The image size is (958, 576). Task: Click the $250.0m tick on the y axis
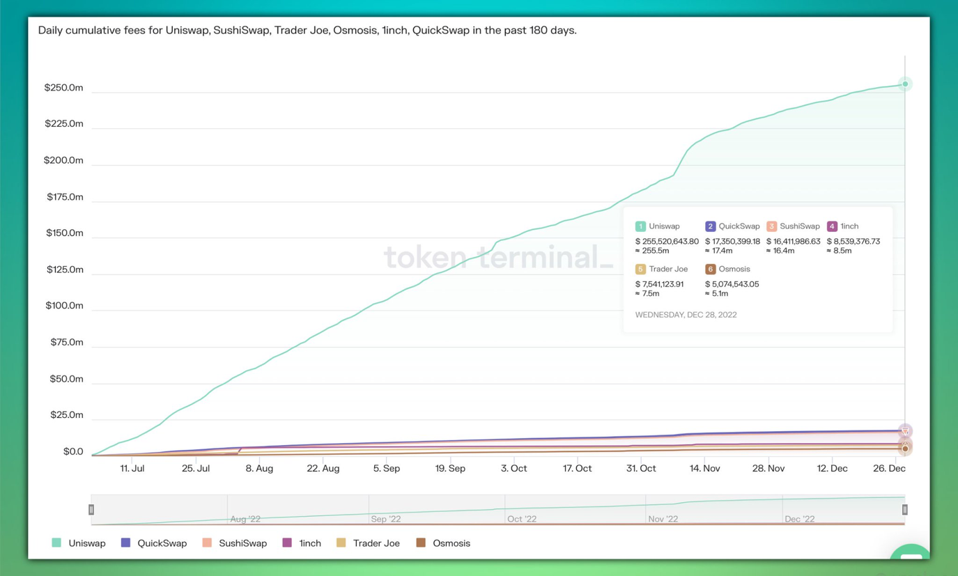[63, 88]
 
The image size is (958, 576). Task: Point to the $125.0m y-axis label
[65, 270]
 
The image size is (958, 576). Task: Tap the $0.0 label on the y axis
[73, 451]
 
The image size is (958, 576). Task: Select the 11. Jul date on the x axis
[132, 469]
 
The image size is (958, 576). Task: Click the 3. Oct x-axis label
[514, 469]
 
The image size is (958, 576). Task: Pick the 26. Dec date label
[889, 469]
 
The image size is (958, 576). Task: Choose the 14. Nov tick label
[704, 469]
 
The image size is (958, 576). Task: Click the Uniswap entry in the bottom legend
[86, 543]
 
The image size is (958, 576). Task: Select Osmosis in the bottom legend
[451, 543]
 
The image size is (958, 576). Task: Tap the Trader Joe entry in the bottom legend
[376, 543]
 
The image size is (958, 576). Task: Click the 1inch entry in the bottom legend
[309, 543]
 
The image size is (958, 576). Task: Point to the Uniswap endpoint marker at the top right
[905, 84]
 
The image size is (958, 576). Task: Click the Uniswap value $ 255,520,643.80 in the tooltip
[667, 242]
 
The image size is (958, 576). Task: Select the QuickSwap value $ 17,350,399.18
[732, 242]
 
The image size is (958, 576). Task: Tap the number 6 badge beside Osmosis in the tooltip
[710, 269]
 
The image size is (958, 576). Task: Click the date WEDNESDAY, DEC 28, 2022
[686, 315]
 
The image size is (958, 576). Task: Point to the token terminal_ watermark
[498, 257]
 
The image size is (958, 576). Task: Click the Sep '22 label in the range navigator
[386, 519]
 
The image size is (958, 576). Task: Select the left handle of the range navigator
[91, 510]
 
